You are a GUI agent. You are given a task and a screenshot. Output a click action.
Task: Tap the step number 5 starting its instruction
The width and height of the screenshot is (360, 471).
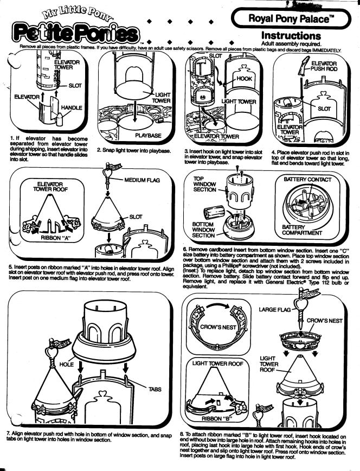10,266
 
